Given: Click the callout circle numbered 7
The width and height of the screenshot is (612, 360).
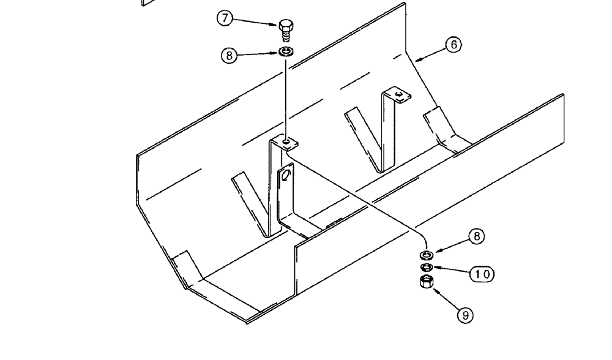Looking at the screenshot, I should [x=225, y=18].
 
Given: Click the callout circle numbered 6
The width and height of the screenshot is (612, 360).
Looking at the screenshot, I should [x=453, y=45].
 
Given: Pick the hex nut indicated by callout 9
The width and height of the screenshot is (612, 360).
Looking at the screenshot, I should [x=427, y=282].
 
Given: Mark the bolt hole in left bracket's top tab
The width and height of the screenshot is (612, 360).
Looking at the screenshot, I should [x=286, y=143].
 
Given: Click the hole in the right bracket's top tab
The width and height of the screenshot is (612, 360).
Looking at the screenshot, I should [x=399, y=94].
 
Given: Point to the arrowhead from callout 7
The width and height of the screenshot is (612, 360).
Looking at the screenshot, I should [x=277, y=25].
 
